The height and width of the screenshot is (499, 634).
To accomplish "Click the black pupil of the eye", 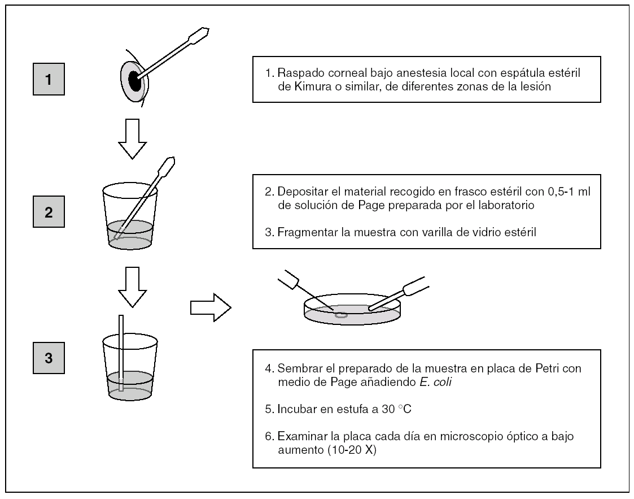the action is pyautogui.click(x=135, y=80).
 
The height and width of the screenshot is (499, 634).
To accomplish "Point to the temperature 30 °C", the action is pyautogui.click(x=396, y=407).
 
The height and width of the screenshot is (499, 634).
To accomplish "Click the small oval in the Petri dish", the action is pyautogui.click(x=341, y=314).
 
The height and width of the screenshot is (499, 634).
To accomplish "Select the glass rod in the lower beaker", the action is pyautogui.click(x=121, y=353).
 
